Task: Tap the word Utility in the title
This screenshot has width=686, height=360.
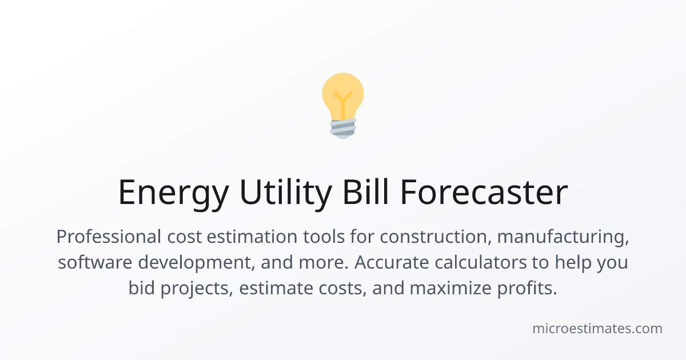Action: (286, 192)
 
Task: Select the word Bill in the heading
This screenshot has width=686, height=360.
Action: (366, 191)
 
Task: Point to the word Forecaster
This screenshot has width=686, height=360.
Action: (484, 192)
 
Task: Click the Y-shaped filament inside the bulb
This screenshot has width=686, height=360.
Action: (343, 105)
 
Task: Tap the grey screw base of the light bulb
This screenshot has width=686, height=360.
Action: (343, 129)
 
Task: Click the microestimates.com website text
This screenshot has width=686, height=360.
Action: (597, 329)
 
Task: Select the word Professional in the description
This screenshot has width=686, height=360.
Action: (109, 237)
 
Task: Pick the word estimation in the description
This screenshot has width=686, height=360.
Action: (252, 237)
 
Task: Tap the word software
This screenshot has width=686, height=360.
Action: (95, 262)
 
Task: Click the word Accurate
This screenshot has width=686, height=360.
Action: (392, 262)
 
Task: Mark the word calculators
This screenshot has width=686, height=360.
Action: (481, 262)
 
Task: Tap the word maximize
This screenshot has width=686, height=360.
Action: (450, 288)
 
